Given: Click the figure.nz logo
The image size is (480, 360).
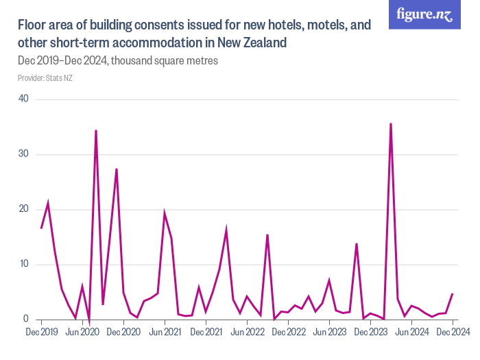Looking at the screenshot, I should pyautogui.click(x=424, y=15).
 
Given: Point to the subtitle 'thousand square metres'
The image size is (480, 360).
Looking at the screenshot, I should pyautogui.click(x=165, y=61).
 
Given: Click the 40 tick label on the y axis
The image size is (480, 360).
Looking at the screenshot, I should pyautogui.click(x=23, y=99).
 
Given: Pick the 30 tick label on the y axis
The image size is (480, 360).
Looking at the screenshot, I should pyautogui.click(x=23, y=154).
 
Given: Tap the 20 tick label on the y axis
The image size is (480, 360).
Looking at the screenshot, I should pyautogui.click(x=23, y=209).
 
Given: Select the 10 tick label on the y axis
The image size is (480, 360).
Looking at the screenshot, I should pyautogui.click(x=23, y=264).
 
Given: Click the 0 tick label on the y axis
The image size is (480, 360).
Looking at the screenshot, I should pyautogui.click(x=26, y=319).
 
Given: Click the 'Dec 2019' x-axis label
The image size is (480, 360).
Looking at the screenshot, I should pyautogui.click(x=41, y=332).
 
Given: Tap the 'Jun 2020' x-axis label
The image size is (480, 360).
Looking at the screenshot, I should pyautogui.click(x=82, y=332).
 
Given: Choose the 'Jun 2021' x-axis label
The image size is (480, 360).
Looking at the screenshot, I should pyautogui.click(x=165, y=332).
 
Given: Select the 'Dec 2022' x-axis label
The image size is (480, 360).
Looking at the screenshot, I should pyautogui.click(x=288, y=332).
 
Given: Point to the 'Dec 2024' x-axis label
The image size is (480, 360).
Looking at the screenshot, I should pyautogui.click(x=453, y=332).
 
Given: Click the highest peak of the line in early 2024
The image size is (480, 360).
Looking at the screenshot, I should pyautogui.click(x=391, y=123).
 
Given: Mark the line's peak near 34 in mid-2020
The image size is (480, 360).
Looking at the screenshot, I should pyautogui.click(x=96, y=130).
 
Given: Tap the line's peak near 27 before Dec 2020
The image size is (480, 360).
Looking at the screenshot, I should pyautogui.click(x=117, y=169).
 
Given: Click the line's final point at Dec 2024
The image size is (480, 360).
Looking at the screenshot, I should pyautogui.click(x=453, y=293).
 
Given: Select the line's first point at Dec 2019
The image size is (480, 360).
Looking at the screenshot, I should pyautogui.click(x=41, y=228).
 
